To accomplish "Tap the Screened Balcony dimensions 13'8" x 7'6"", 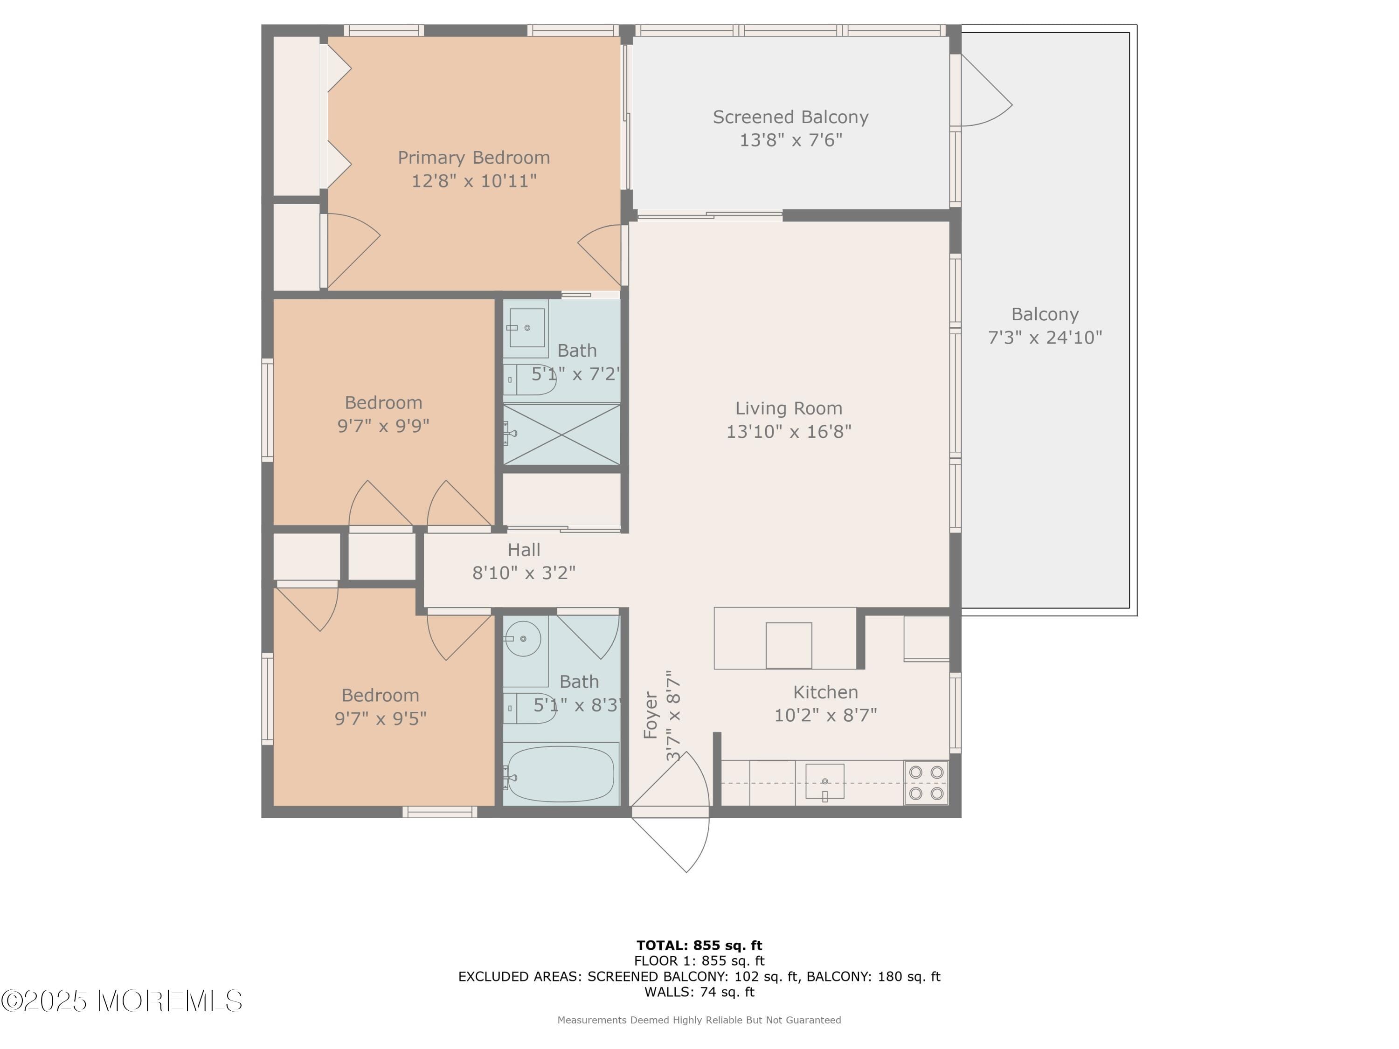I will pyautogui.click(x=790, y=140).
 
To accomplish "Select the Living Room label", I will pyautogui.click(x=788, y=408).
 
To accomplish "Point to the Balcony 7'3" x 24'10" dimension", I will pyautogui.click(x=1045, y=337).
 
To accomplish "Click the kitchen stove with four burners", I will pyautogui.click(x=926, y=783).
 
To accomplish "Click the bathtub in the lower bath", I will pyautogui.click(x=561, y=774).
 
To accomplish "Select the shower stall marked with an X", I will pyautogui.click(x=561, y=435).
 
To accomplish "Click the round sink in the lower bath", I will pyautogui.click(x=523, y=639).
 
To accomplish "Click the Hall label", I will pyautogui.click(x=524, y=550).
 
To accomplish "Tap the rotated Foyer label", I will pyautogui.click(x=651, y=715).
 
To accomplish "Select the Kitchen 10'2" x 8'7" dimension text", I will pyautogui.click(x=825, y=715).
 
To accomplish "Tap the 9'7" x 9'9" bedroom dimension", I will pyautogui.click(x=383, y=426).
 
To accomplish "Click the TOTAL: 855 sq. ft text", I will pyautogui.click(x=699, y=945).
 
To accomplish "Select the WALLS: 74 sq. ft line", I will pyautogui.click(x=699, y=992).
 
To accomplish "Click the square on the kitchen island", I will pyautogui.click(x=788, y=645).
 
